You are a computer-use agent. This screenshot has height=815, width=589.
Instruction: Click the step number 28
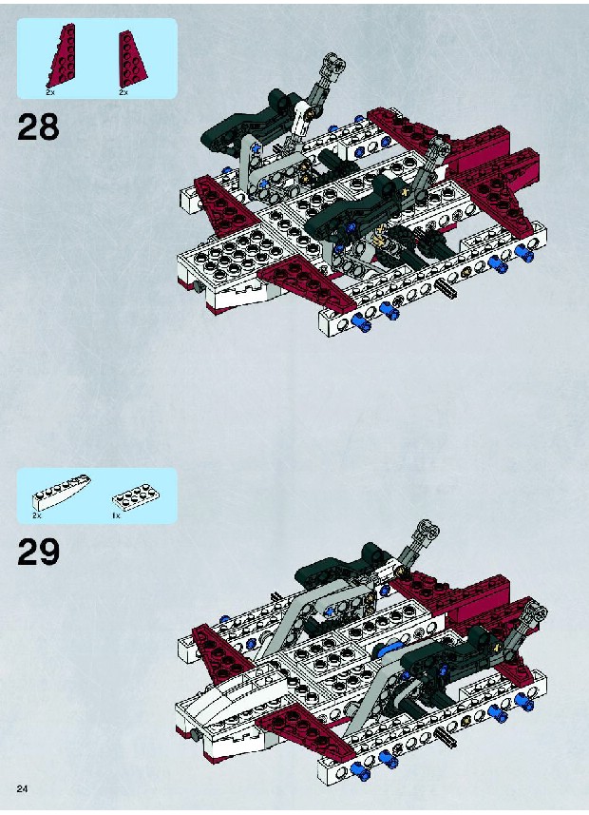coord(38,127)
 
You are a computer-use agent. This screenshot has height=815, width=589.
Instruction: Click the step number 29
coord(38,552)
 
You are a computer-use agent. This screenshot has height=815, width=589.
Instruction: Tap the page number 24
coord(23,788)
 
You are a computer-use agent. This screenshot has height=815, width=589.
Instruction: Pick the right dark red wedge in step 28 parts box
coord(131,59)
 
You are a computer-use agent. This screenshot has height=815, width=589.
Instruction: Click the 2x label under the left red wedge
coord(49,92)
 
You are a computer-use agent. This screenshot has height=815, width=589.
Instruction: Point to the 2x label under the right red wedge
coord(123,92)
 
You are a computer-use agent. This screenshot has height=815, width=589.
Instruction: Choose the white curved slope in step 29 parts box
coord(62,491)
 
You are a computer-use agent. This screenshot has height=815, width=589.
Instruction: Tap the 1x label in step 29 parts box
coord(116,515)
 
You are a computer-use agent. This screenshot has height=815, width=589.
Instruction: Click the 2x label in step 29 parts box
coord(36,515)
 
